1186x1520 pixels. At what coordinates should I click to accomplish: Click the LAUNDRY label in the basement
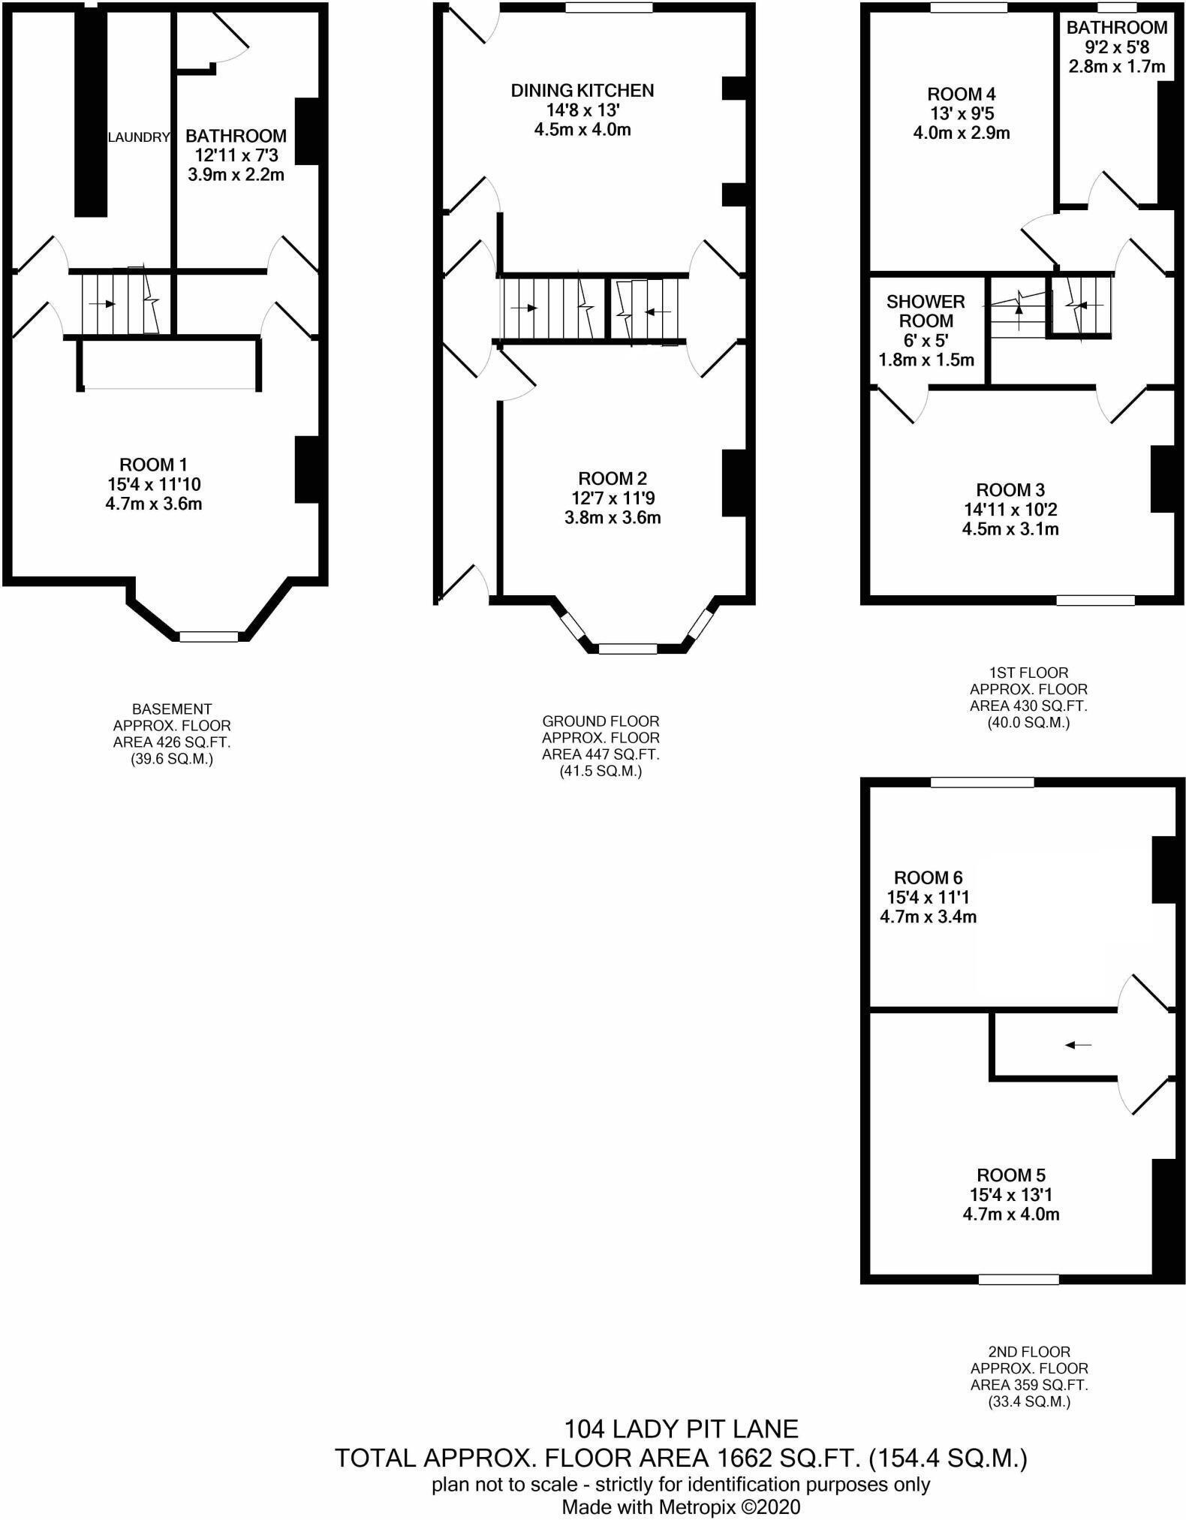(139, 137)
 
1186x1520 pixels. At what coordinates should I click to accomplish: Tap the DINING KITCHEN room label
(582, 91)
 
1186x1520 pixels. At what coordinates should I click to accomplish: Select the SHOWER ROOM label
(926, 312)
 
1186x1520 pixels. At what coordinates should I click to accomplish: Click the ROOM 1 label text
(153, 465)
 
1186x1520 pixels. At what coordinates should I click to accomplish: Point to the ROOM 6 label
(928, 877)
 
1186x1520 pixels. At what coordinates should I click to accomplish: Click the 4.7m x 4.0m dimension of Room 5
(1010, 1214)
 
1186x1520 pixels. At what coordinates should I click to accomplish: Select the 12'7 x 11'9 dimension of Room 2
(613, 498)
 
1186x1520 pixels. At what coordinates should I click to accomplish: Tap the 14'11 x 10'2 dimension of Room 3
(1010, 510)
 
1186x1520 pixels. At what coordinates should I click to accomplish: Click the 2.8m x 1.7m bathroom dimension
(1117, 66)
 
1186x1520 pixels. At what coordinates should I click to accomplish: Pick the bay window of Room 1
(209, 637)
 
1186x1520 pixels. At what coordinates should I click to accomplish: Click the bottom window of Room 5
(1019, 1279)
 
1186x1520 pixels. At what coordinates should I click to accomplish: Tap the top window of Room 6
(982, 782)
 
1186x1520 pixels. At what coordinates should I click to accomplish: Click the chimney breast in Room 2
(733, 483)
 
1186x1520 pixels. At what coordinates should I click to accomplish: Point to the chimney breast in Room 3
(1161, 479)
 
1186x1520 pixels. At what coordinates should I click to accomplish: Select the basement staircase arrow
(102, 304)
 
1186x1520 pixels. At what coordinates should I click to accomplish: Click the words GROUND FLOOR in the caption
(601, 721)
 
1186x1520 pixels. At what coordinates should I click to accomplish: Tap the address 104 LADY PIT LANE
(681, 1428)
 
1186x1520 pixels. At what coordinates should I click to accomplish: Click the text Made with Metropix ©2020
(681, 1506)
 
